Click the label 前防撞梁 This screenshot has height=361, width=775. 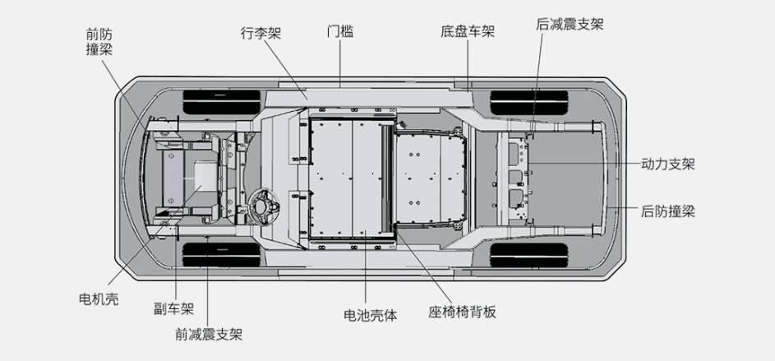pos(99,42)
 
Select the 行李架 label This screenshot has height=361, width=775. pos(261,33)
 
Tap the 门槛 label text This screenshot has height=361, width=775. pos(339,32)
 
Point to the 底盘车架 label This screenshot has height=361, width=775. pos(467,32)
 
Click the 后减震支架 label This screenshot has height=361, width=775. pos(570,24)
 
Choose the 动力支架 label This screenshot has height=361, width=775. pos(667,164)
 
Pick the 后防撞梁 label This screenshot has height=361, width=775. pos(667,211)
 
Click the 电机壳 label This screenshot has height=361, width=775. pos(99,299)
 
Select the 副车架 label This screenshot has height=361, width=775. pos(173,309)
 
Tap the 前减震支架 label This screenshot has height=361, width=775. pos(209,334)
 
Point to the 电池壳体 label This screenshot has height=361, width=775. pos(370,314)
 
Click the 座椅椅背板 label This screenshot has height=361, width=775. pos(463,312)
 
